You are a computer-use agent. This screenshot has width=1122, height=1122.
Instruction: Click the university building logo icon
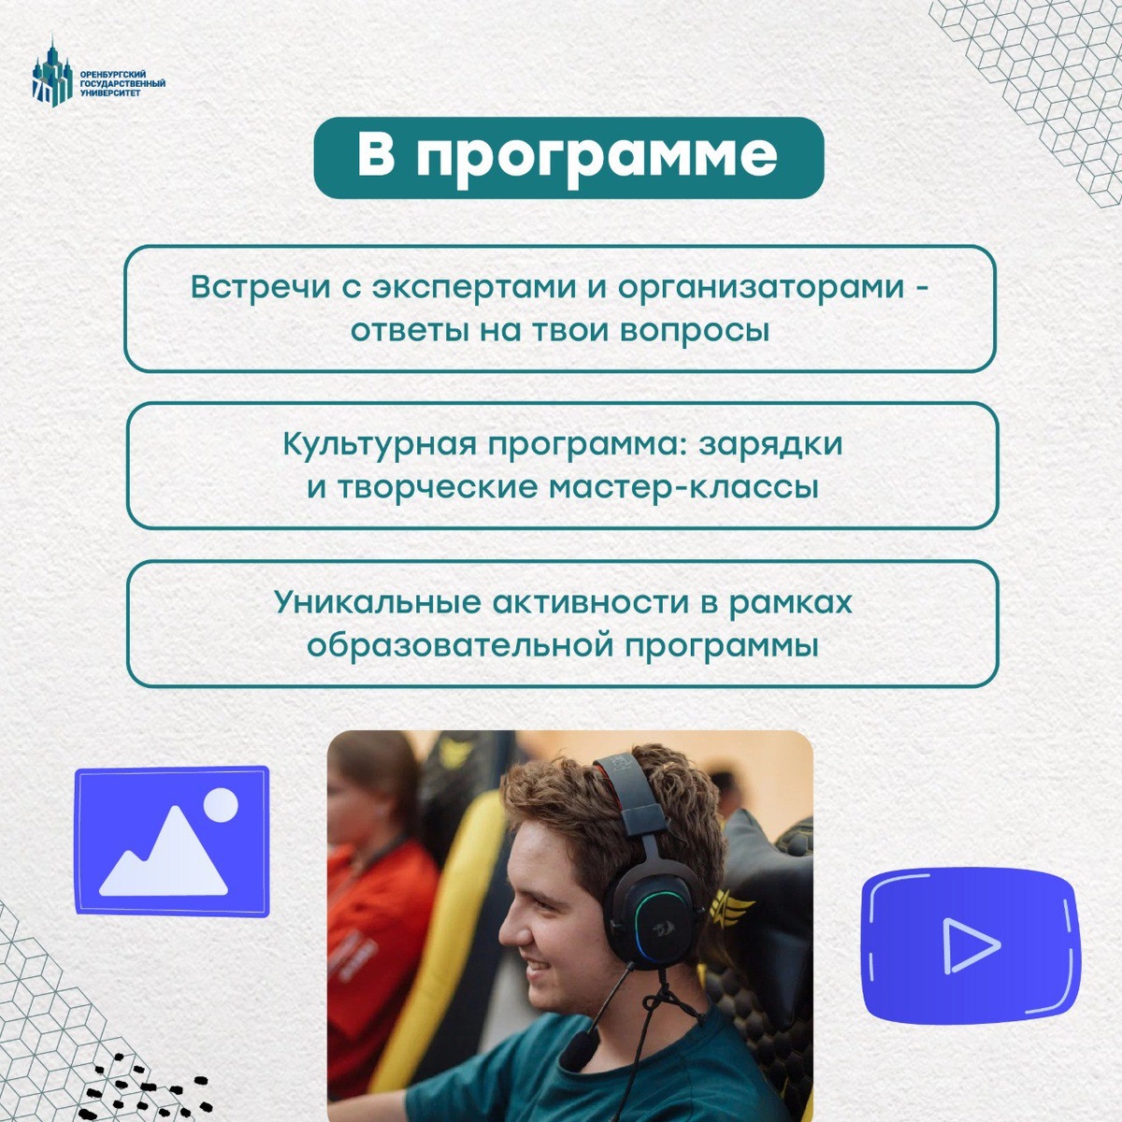pyautogui.click(x=52, y=72)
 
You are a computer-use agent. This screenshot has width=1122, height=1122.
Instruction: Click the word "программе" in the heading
pyautogui.click(x=597, y=156)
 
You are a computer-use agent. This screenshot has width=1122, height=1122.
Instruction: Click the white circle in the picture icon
pyautogui.click(x=222, y=804)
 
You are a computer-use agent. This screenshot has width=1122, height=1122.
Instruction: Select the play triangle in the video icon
pyautogui.click(x=971, y=945)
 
